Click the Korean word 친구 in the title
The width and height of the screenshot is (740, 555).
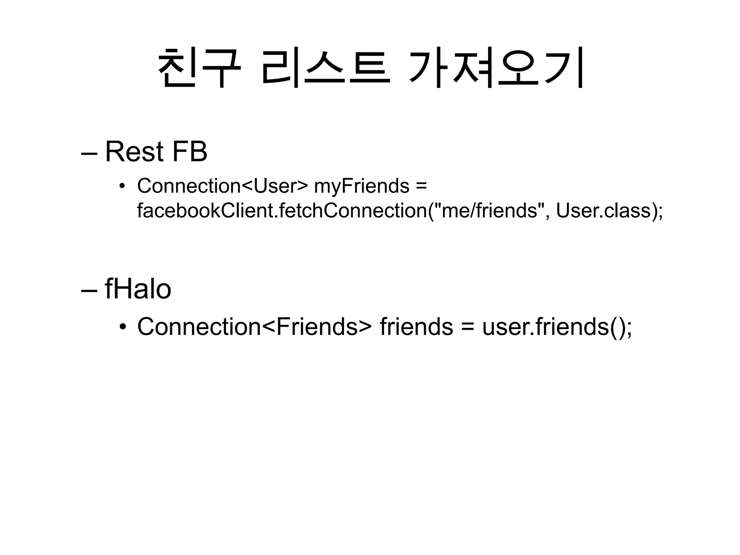pos(199,68)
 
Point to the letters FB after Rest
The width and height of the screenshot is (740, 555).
pos(190,152)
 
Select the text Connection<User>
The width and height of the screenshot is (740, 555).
pos(223,186)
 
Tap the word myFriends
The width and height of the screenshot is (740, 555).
pos(362,186)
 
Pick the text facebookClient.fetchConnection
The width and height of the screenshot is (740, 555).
pos(282,211)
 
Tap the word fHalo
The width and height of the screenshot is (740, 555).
pos(138,289)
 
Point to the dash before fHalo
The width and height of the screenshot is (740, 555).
pos(89,291)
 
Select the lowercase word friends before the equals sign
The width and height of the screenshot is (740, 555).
pos(416,327)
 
